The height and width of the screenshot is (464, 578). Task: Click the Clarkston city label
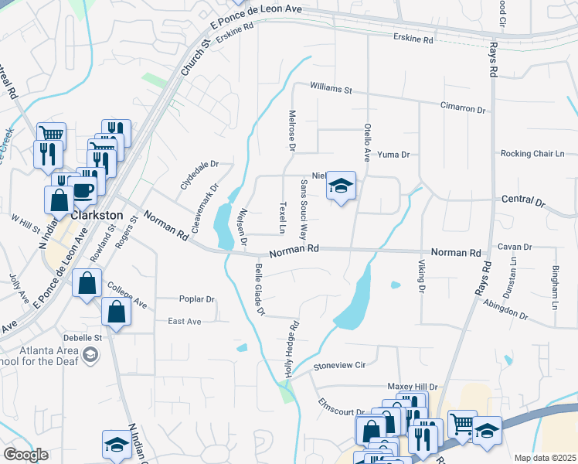coord(97,215)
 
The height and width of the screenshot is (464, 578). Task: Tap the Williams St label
coord(331,89)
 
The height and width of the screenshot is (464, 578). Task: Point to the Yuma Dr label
coord(393,155)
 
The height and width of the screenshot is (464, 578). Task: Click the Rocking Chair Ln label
coord(532,154)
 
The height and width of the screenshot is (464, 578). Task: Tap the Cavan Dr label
coord(515,247)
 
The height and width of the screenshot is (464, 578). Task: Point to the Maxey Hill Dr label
coord(413,387)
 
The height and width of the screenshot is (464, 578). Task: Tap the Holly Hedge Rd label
coord(292,348)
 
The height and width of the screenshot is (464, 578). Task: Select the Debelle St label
coord(82,338)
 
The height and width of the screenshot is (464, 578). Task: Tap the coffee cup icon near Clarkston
coord(83,189)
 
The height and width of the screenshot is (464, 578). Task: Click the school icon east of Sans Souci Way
coord(340,186)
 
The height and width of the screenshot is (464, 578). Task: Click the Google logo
coord(25,455)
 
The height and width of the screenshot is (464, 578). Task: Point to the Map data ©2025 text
coord(544,458)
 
